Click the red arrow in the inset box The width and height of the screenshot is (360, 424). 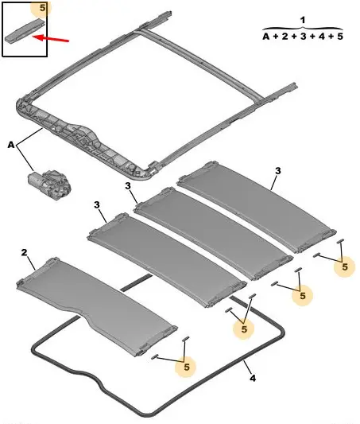[x=51, y=38]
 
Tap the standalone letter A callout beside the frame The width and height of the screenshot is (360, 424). [x=11, y=145]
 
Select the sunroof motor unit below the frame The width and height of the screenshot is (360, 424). [x=50, y=185]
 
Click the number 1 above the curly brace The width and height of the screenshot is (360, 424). [x=303, y=20]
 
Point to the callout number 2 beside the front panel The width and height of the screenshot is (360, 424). [x=25, y=252]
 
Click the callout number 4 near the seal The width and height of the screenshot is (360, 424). [x=253, y=378]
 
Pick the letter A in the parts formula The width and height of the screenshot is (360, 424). [x=266, y=37]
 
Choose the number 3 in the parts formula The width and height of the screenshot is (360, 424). [x=303, y=37]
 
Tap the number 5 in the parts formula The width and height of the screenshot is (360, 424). [x=340, y=37]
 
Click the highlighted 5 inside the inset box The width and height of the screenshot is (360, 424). [x=42, y=8]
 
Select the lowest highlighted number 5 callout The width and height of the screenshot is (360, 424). [x=187, y=367]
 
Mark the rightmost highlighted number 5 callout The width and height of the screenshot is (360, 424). [x=345, y=267]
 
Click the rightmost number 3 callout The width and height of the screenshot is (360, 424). [x=278, y=171]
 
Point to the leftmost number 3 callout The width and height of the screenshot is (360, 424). [x=97, y=205]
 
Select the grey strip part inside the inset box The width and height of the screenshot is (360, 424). [x=25, y=30]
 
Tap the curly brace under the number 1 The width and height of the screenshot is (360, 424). [x=303, y=28]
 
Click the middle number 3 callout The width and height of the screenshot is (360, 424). [x=128, y=186]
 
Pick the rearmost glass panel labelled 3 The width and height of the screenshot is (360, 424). [x=257, y=207]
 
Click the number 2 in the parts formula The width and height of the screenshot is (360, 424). [x=285, y=37]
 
